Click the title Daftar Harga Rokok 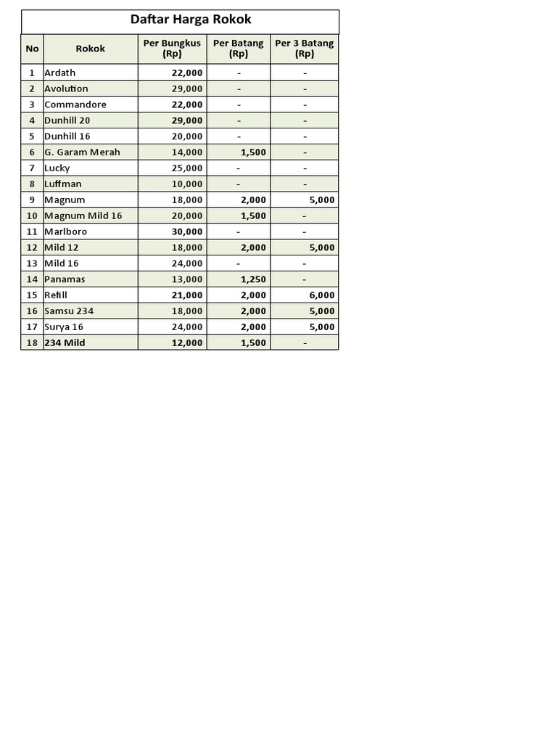tap(191, 20)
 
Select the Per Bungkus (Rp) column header tap(172, 49)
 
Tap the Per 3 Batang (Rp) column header tap(305, 49)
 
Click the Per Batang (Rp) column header tap(238, 49)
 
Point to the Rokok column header tap(91, 49)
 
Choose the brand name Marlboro tap(65, 231)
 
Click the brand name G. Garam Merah tap(82, 152)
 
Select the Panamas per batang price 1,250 tap(253, 279)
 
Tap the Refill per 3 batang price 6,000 tap(321, 295)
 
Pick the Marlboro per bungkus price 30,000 tap(187, 231)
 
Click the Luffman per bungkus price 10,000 tap(187, 184)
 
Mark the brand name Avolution tap(66, 89)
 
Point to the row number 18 tap(32, 342)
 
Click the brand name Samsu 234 tap(69, 311)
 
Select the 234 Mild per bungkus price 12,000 tap(187, 342)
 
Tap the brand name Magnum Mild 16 tap(83, 215)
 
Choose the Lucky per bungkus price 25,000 tap(187, 168)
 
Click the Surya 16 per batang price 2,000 tap(253, 327)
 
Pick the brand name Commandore tap(75, 104)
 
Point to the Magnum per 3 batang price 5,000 tap(321, 200)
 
